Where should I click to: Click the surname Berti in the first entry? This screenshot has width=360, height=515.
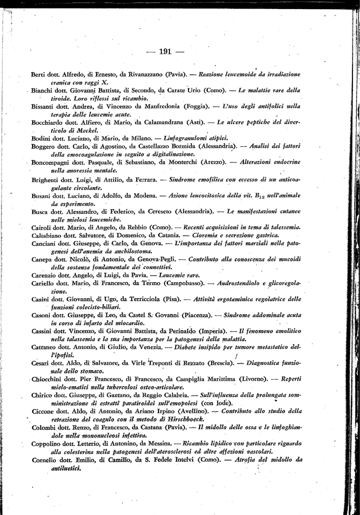39,74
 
